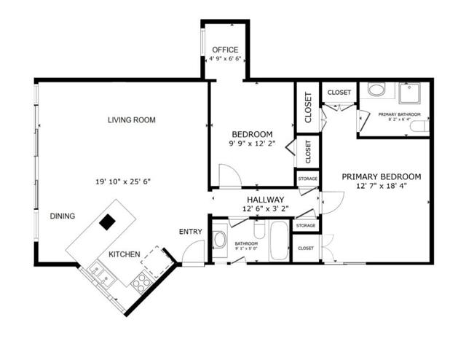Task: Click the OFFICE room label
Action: pos(225,50)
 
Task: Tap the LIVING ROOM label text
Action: pos(132,120)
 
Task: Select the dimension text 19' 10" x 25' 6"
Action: pos(122,181)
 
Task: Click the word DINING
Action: pos(63,216)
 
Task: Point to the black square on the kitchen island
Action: pos(108,222)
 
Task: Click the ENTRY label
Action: pos(190,232)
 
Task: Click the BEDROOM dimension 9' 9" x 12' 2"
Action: pos(252,144)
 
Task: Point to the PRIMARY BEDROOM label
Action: pos(381,176)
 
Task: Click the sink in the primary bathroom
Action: pos(376,91)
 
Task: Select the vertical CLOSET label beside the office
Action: pos(308,106)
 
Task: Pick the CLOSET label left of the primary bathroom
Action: pos(339,93)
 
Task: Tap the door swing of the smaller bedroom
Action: pos(229,176)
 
